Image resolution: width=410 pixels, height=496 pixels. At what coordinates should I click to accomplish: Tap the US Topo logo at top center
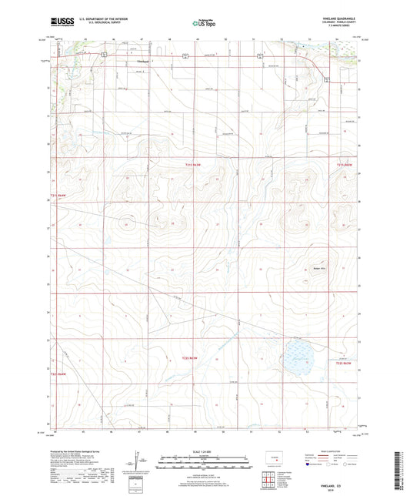pos(204,24)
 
